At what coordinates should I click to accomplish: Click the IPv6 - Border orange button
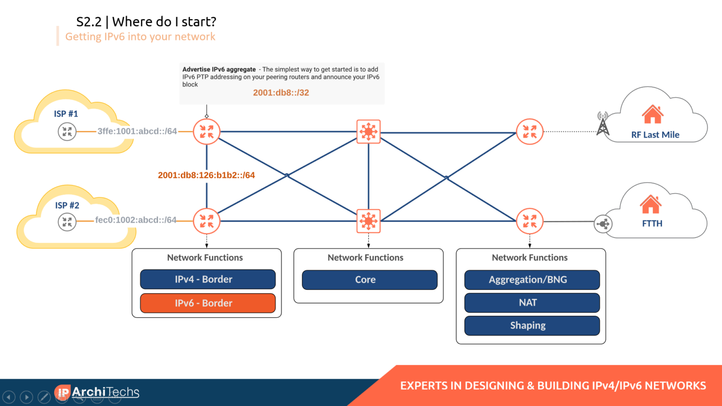(x=207, y=303)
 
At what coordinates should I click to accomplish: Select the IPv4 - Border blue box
(x=207, y=279)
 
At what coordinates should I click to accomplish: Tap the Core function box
(x=369, y=280)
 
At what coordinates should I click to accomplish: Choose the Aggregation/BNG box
(x=532, y=280)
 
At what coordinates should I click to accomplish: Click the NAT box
(x=532, y=303)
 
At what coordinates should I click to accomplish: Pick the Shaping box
(x=532, y=326)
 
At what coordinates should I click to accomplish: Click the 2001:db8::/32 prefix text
(x=281, y=93)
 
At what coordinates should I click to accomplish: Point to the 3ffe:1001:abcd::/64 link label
(x=137, y=132)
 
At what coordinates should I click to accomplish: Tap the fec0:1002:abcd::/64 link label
(x=136, y=220)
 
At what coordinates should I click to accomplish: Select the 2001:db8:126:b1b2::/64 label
(x=206, y=175)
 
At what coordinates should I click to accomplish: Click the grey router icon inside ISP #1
(x=67, y=132)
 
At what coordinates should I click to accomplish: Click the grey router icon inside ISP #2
(x=67, y=221)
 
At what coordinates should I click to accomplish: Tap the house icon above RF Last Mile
(x=652, y=115)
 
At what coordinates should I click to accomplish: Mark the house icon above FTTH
(x=651, y=204)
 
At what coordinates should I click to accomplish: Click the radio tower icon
(x=603, y=124)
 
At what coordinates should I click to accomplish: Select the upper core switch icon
(x=369, y=132)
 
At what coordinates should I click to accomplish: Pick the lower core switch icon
(x=369, y=221)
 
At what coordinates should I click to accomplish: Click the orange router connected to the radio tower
(x=530, y=132)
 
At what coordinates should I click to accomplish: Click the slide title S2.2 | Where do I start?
(x=146, y=22)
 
